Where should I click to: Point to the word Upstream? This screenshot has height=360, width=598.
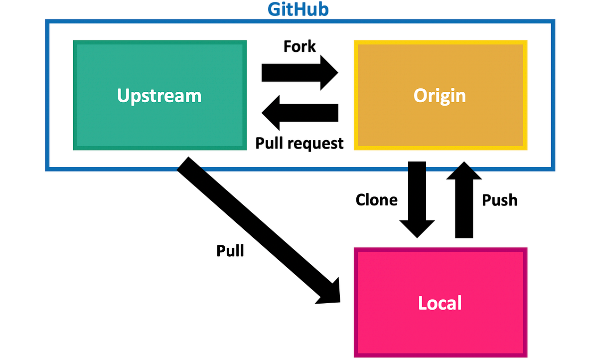159,95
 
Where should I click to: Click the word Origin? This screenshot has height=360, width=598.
440,95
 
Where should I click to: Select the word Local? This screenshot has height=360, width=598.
440,303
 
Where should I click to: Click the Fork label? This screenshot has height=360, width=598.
299,46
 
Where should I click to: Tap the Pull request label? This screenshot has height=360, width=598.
299,143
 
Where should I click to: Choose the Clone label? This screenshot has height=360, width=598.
377,200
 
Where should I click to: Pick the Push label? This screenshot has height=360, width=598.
500,200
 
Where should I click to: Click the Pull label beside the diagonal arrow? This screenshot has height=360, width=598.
230,250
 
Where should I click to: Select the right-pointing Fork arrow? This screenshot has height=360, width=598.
299,72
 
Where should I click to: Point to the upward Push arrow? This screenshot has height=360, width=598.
464,199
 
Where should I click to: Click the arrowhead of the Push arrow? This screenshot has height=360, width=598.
464,172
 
